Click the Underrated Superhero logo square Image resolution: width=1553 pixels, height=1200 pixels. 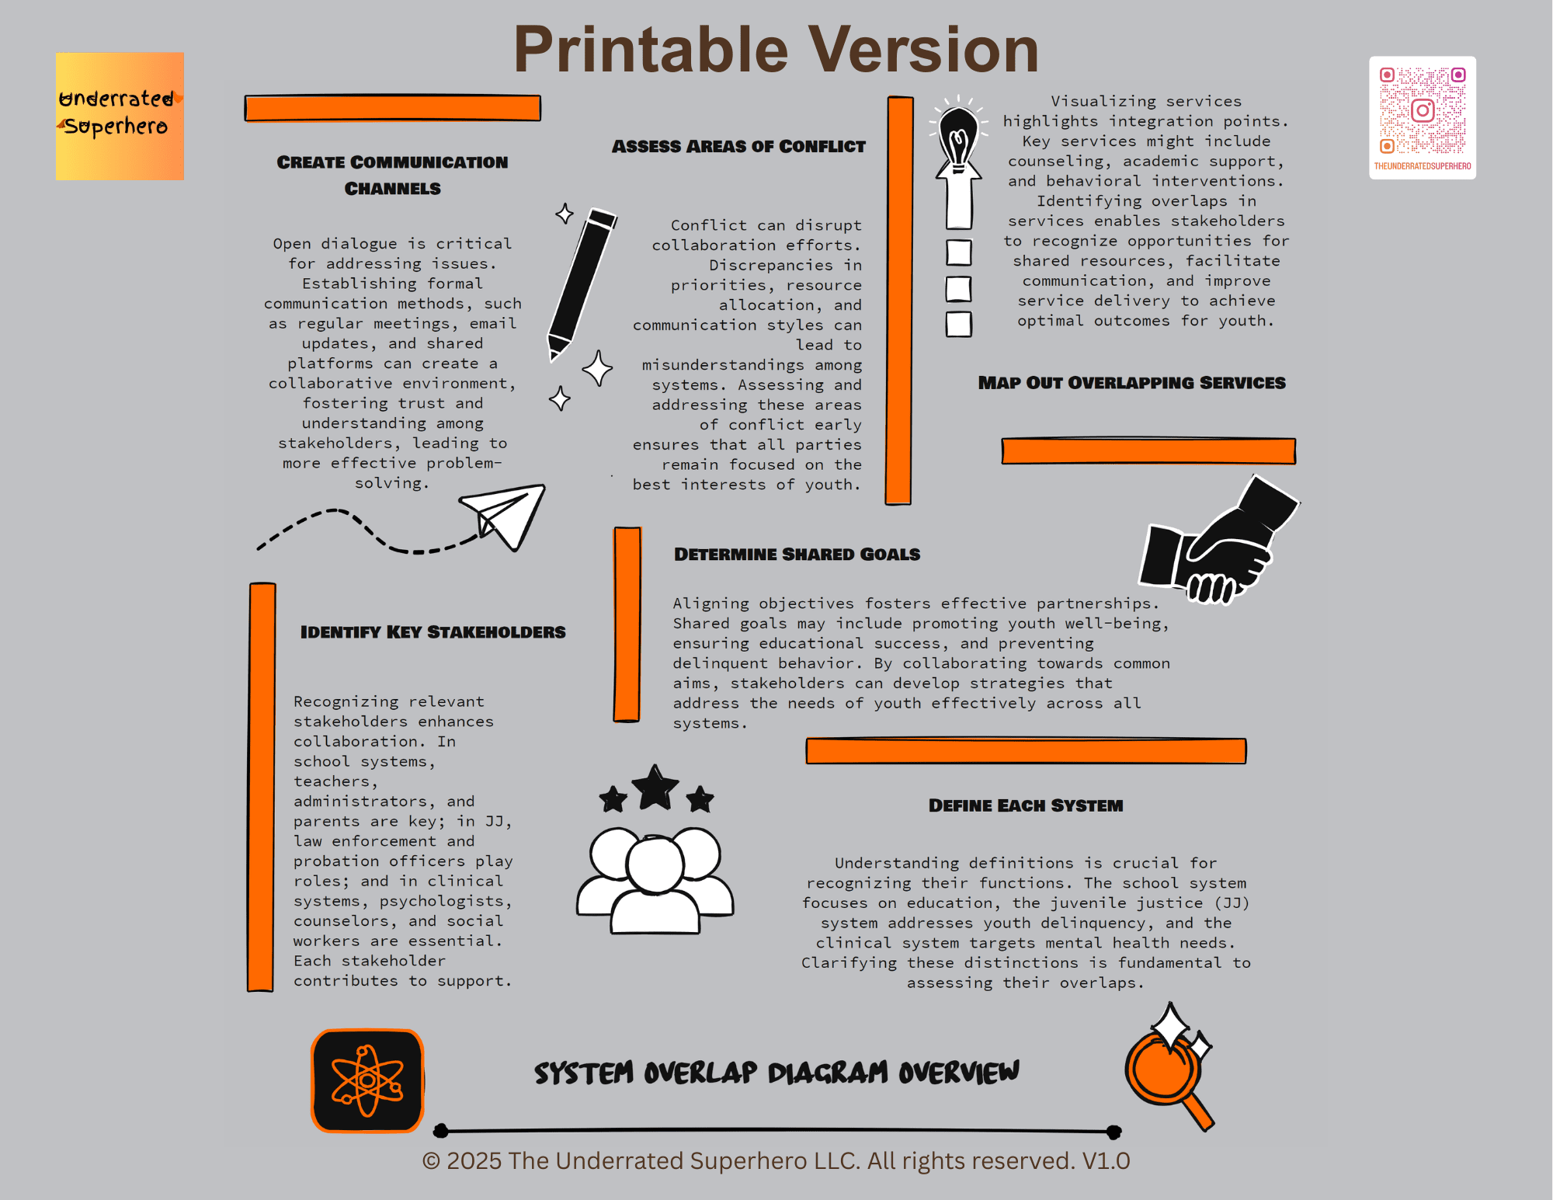[120, 117]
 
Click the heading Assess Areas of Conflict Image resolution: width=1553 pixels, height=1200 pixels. [738, 146]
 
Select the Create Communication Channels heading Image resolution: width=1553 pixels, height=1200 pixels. [392, 175]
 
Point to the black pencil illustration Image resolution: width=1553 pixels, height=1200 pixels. [582, 283]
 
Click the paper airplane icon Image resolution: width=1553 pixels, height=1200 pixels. [503, 515]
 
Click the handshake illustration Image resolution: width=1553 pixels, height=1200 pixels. [1218, 541]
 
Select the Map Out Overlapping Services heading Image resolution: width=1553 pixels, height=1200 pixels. [1131, 382]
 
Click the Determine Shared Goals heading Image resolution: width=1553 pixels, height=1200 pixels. [797, 554]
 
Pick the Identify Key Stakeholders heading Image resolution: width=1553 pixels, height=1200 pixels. [433, 631]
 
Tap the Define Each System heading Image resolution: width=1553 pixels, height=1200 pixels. [1026, 805]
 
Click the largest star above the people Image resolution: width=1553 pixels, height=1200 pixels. [656, 787]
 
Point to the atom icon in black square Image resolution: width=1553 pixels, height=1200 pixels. [367, 1080]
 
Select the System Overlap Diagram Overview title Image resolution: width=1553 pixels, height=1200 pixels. [776, 1073]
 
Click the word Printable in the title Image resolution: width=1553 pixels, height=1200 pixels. [651, 50]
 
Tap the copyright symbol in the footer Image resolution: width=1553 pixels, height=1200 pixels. [431, 1161]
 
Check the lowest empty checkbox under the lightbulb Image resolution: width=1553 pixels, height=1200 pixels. [959, 324]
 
